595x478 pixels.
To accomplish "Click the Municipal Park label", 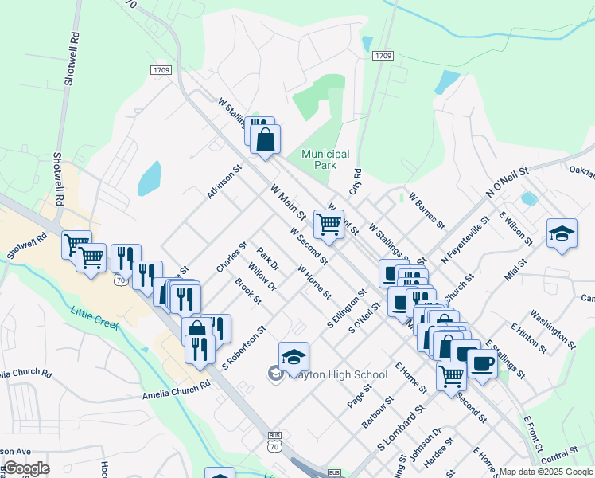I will (x=325, y=159).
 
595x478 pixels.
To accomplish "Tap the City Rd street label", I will (x=355, y=182).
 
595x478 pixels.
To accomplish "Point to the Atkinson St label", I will (x=224, y=182).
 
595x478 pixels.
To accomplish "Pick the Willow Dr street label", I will (x=262, y=276).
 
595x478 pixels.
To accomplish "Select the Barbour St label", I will (x=378, y=412).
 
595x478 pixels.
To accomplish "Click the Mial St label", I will (x=515, y=269).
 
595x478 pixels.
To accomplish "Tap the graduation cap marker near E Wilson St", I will (x=562, y=233).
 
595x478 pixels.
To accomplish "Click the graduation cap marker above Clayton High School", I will (x=294, y=356).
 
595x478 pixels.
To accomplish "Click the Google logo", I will (x=26, y=468).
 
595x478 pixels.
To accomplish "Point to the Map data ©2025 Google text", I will (x=546, y=472).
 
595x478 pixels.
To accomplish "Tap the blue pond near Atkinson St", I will (x=150, y=178).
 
